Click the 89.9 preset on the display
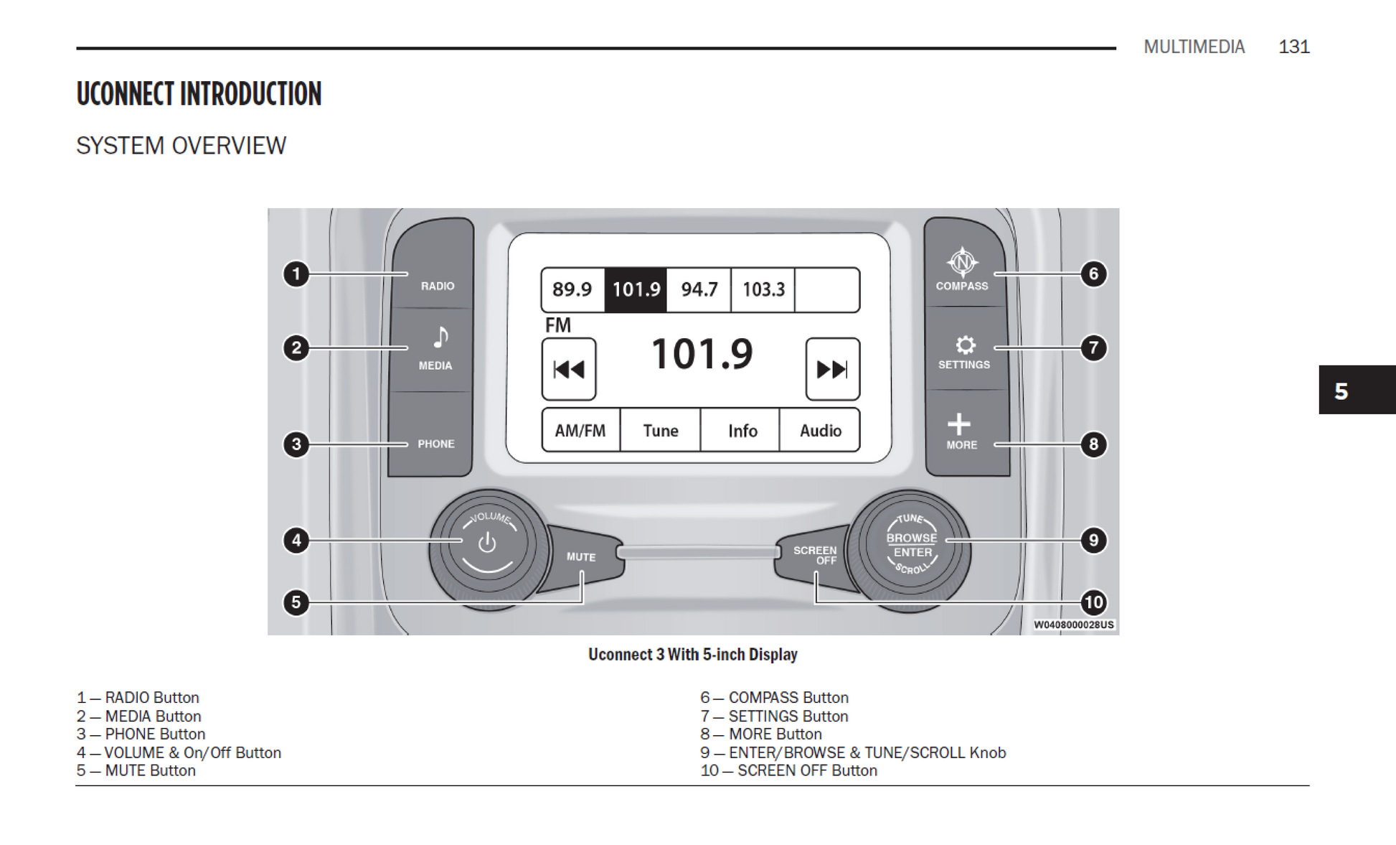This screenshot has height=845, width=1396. pos(572,289)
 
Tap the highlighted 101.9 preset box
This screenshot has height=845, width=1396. pos(636,289)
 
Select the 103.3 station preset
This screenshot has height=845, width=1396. pos(763,289)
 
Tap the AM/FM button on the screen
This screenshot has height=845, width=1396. pos(580,430)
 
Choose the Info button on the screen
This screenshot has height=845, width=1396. pos(742,430)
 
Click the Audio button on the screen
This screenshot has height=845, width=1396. pos(820,430)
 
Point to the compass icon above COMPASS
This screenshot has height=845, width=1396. pos(962,263)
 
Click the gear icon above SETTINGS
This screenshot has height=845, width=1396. pos(966,345)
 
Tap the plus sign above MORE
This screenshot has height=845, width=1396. pos(959,424)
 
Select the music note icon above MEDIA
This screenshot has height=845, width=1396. pos(440,336)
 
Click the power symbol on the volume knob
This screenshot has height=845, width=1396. pos(487,543)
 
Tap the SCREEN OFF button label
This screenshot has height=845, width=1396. pos(815,555)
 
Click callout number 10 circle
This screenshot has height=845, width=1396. pos(1093,602)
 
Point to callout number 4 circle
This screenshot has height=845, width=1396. pos(296,540)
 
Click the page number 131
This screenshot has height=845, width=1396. pos(1293,47)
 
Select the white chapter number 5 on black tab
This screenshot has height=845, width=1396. pos(1341,391)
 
